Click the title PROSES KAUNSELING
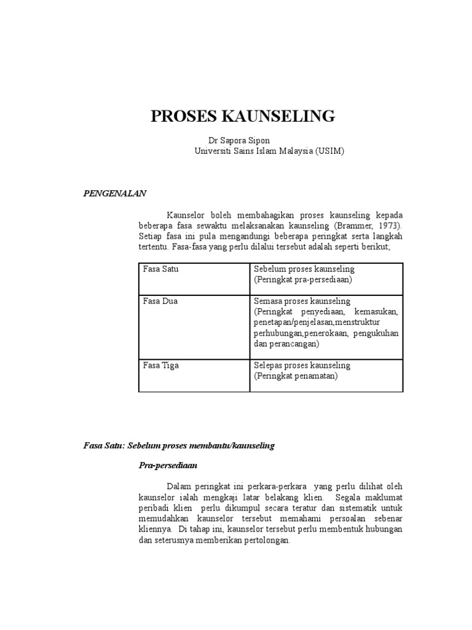[x=243, y=116]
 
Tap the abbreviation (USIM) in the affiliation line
[x=330, y=151]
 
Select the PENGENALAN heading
[x=115, y=193]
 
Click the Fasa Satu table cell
[x=160, y=269]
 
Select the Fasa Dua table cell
[x=160, y=301]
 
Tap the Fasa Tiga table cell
[x=161, y=365]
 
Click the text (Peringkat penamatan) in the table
[x=296, y=376]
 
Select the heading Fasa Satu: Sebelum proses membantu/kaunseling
[x=179, y=445]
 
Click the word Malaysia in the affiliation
[x=293, y=151]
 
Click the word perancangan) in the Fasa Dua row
[x=292, y=344]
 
